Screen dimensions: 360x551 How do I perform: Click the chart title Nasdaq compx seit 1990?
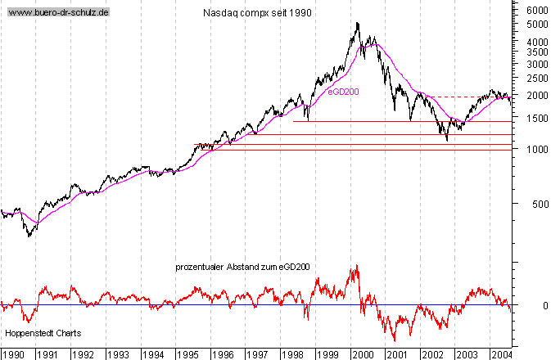[x=256, y=13]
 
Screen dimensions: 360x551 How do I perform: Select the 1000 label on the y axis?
[x=535, y=150]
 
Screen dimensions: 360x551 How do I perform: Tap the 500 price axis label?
[x=538, y=204]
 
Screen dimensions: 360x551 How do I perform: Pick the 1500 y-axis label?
[x=535, y=118]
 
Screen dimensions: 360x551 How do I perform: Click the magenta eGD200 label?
[x=343, y=92]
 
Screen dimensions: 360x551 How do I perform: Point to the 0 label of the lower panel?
[x=533, y=305]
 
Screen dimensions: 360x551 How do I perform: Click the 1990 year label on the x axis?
[x=13, y=353]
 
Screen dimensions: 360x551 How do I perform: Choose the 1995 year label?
[x=188, y=353]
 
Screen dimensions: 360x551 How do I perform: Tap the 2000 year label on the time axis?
[x=363, y=353]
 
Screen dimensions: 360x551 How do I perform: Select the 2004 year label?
[x=501, y=353]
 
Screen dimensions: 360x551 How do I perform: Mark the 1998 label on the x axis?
[x=292, y=353]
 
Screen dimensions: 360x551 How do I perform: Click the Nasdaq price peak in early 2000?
[x=358, y=23]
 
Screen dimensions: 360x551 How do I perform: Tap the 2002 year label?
[x=431, y=353]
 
